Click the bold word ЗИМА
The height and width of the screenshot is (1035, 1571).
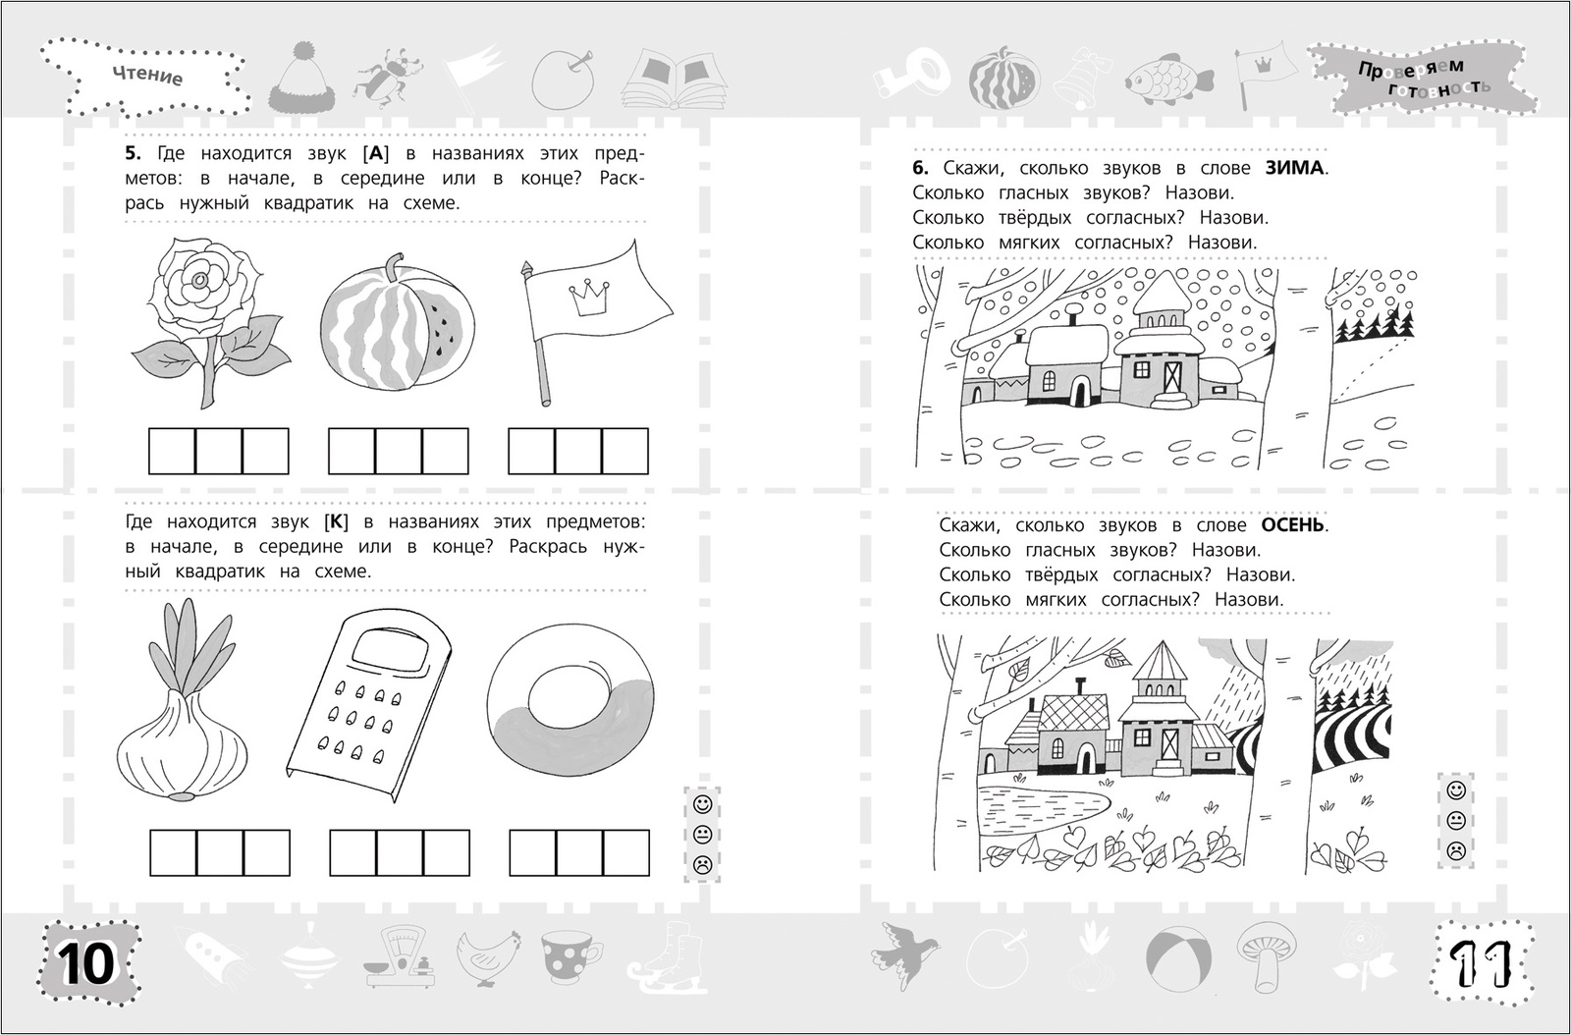[x=1295, y=168]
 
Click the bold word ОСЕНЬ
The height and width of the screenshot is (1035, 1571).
[x=1293, y=525]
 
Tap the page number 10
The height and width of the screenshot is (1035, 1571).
[x=87, y=964]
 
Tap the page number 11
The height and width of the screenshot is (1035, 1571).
[x=1481, y=964]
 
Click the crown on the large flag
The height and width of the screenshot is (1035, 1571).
[x=589, y=299]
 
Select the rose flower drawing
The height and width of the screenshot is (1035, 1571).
[x=210, y=322]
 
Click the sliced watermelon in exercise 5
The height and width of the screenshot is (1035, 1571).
[x=398, y=322]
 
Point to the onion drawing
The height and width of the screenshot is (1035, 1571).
[x=183, y=700]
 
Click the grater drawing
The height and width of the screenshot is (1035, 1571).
[x=369, y=704]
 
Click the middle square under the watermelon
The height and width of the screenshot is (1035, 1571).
[x=399, y=451]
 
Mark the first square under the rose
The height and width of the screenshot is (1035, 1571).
[x=172, y=451]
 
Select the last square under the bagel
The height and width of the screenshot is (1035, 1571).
[x=626, y=852]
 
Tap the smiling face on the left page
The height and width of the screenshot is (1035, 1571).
[x=702, y=803]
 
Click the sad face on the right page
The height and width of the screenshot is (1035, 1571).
[x=1457, y=850]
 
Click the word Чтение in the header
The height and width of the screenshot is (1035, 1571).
[x=147, y=76]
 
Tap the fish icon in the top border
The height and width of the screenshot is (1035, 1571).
[x=1169, y=81]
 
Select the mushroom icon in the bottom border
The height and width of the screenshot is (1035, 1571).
[x=1266, y=955]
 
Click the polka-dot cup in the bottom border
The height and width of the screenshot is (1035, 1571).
[x=570, y=954]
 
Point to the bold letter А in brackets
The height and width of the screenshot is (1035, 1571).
[x=377, y=153]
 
